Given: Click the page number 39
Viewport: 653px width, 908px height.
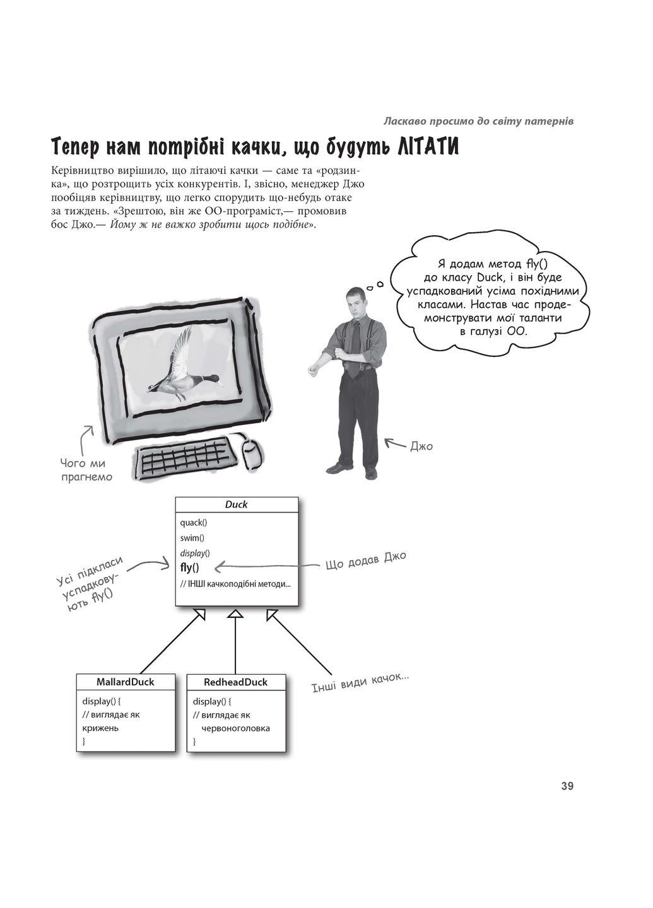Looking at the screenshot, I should tap(567, 786).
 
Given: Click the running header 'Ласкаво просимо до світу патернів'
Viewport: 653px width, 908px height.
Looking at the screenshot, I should tap(478, 120).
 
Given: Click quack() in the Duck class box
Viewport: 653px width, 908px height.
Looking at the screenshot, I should tap(193, 522).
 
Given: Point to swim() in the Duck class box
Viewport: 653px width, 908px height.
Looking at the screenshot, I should tap(192, 538).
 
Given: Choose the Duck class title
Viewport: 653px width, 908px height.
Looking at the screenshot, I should tap(236, 504).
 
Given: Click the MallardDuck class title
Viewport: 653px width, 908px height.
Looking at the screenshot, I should tap(125, 682).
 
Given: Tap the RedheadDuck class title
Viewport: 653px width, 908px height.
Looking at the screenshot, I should tap(235, 682).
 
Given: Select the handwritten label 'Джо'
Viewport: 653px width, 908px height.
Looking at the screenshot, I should tap(421, 446).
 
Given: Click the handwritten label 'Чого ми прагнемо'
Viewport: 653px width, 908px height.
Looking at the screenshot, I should tap(86, 470).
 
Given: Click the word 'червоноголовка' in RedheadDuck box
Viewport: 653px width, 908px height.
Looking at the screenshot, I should tap(235, 728).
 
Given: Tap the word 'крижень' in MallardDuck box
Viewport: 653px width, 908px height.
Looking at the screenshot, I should tap(100, 728).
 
